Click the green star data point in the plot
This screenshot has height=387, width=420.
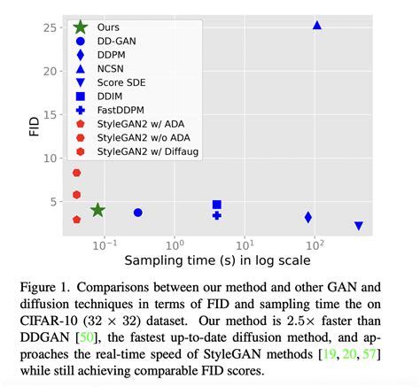coord(97,210)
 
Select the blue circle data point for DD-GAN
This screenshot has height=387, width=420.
coord(137,213)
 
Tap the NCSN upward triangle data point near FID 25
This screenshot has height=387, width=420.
coord(316,26)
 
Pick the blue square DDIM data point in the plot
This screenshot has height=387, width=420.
coord(217,205)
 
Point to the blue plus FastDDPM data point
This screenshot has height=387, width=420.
coord(217,215)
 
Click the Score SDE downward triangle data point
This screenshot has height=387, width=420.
coord(358,226)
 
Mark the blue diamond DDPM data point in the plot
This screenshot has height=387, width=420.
coord(307,217)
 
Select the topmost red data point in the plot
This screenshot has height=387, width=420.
coord(77,173)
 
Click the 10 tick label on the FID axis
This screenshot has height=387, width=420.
coord(51,159)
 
